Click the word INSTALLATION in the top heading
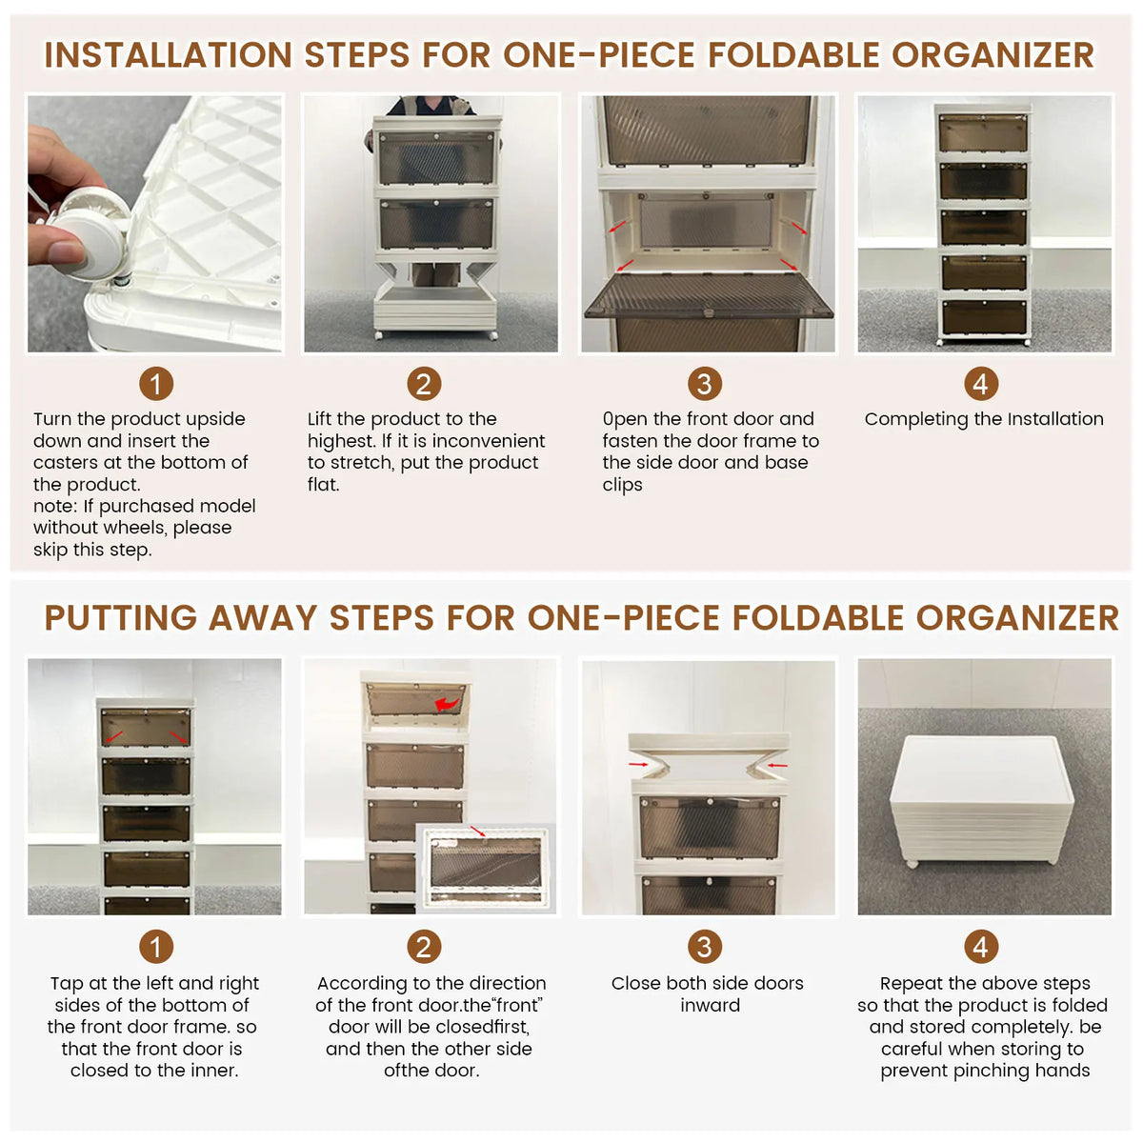168,55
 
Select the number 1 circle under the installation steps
156,384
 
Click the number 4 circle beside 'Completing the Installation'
981,384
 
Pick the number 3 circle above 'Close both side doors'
705,946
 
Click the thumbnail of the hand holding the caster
155,224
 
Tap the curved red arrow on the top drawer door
448,704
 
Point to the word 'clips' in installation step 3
622,485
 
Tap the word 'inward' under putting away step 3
710,1006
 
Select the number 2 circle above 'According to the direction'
424,946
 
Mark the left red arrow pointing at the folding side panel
638,765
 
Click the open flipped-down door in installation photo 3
709,296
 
